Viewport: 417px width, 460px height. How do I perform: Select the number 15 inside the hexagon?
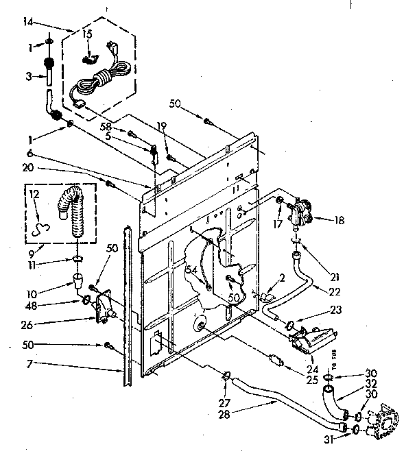point(87,34)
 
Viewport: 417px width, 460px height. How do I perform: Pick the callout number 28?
point(224,414)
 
